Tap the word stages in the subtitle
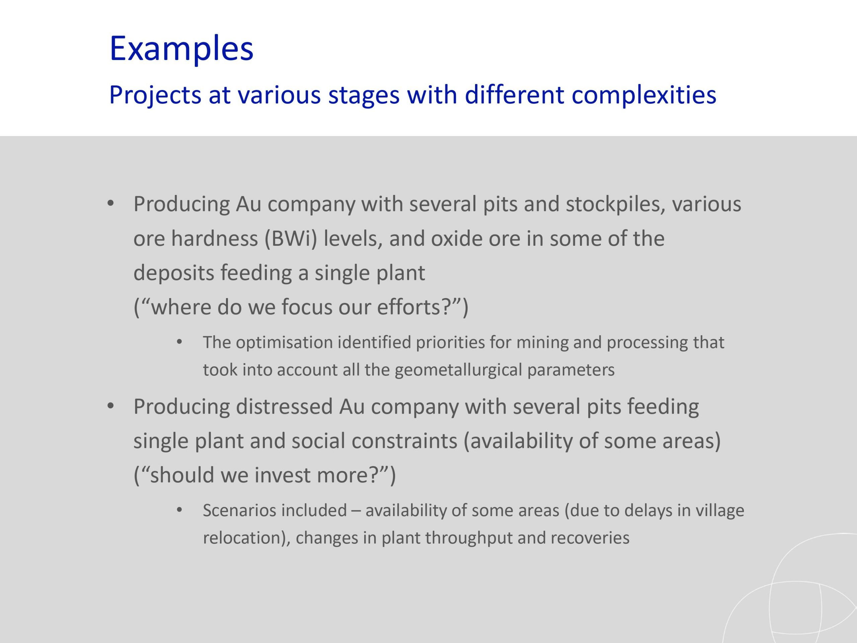(364, 95)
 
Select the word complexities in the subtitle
(644, 95)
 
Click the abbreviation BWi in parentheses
(291, 238)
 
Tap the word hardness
(214, 238)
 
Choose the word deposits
(173, 273)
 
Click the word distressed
(284, 407)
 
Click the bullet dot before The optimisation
(179, 342)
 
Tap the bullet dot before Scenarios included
(179, 510)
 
